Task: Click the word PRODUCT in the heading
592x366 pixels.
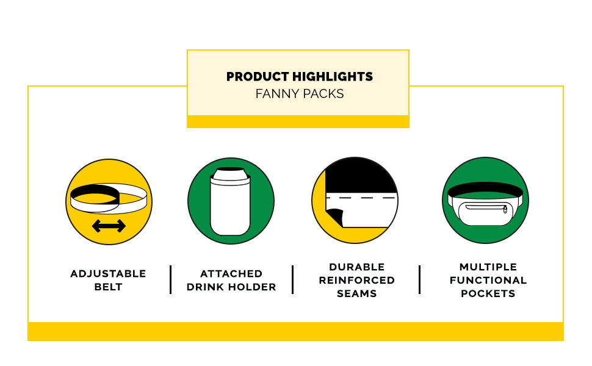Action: (x=258, y=77)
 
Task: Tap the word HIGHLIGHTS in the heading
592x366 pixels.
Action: (x=333, y=77)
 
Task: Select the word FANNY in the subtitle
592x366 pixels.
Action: (x=274, y=93)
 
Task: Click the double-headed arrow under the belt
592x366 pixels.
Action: (x=109, y=226)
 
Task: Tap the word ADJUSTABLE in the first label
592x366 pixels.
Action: (x=109, y=273)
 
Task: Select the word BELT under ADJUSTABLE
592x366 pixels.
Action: (x=109, y=287)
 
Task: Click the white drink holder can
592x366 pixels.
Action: (x=230, y=201)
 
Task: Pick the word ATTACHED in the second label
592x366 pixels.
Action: (x=231, y=273)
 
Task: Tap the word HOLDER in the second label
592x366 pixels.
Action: (x=252, y=287)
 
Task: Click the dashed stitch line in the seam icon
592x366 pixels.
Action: (x=361, y=198)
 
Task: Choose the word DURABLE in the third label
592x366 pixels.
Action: (x=357, y=267)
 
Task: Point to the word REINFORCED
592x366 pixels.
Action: (x=357, y=280)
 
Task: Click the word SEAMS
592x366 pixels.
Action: (x=357, y=293)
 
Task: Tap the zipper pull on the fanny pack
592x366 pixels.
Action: (x=505, y=210)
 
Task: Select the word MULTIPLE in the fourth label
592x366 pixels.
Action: (x=488, y=267)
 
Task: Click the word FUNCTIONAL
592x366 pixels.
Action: (x=488, y=280)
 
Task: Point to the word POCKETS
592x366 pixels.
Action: (x=488, y=293)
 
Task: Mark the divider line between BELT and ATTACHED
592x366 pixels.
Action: (x=171, y=279)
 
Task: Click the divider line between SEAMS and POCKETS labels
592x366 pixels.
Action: (x=419, y=279)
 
